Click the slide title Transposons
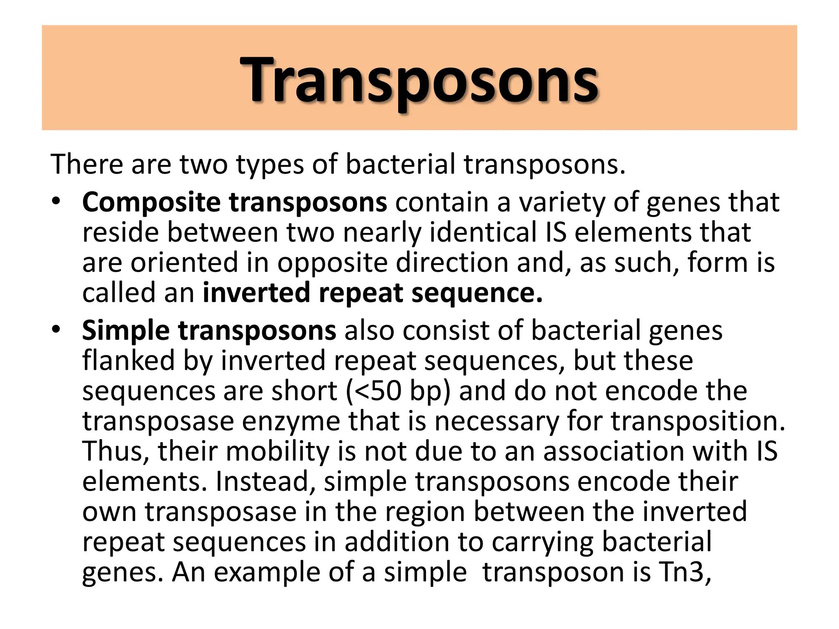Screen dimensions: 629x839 [419, 80]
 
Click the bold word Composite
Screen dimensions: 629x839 [151, 203]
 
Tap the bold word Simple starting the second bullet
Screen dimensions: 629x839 [125, 331]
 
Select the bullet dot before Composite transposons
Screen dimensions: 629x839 [56, 201]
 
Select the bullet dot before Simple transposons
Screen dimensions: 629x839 [56, 329]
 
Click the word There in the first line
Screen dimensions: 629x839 [86, 164]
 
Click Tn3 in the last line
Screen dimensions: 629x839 [685, 572]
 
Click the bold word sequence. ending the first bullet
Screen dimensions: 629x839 [477, 293]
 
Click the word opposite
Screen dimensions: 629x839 [332, 263]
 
